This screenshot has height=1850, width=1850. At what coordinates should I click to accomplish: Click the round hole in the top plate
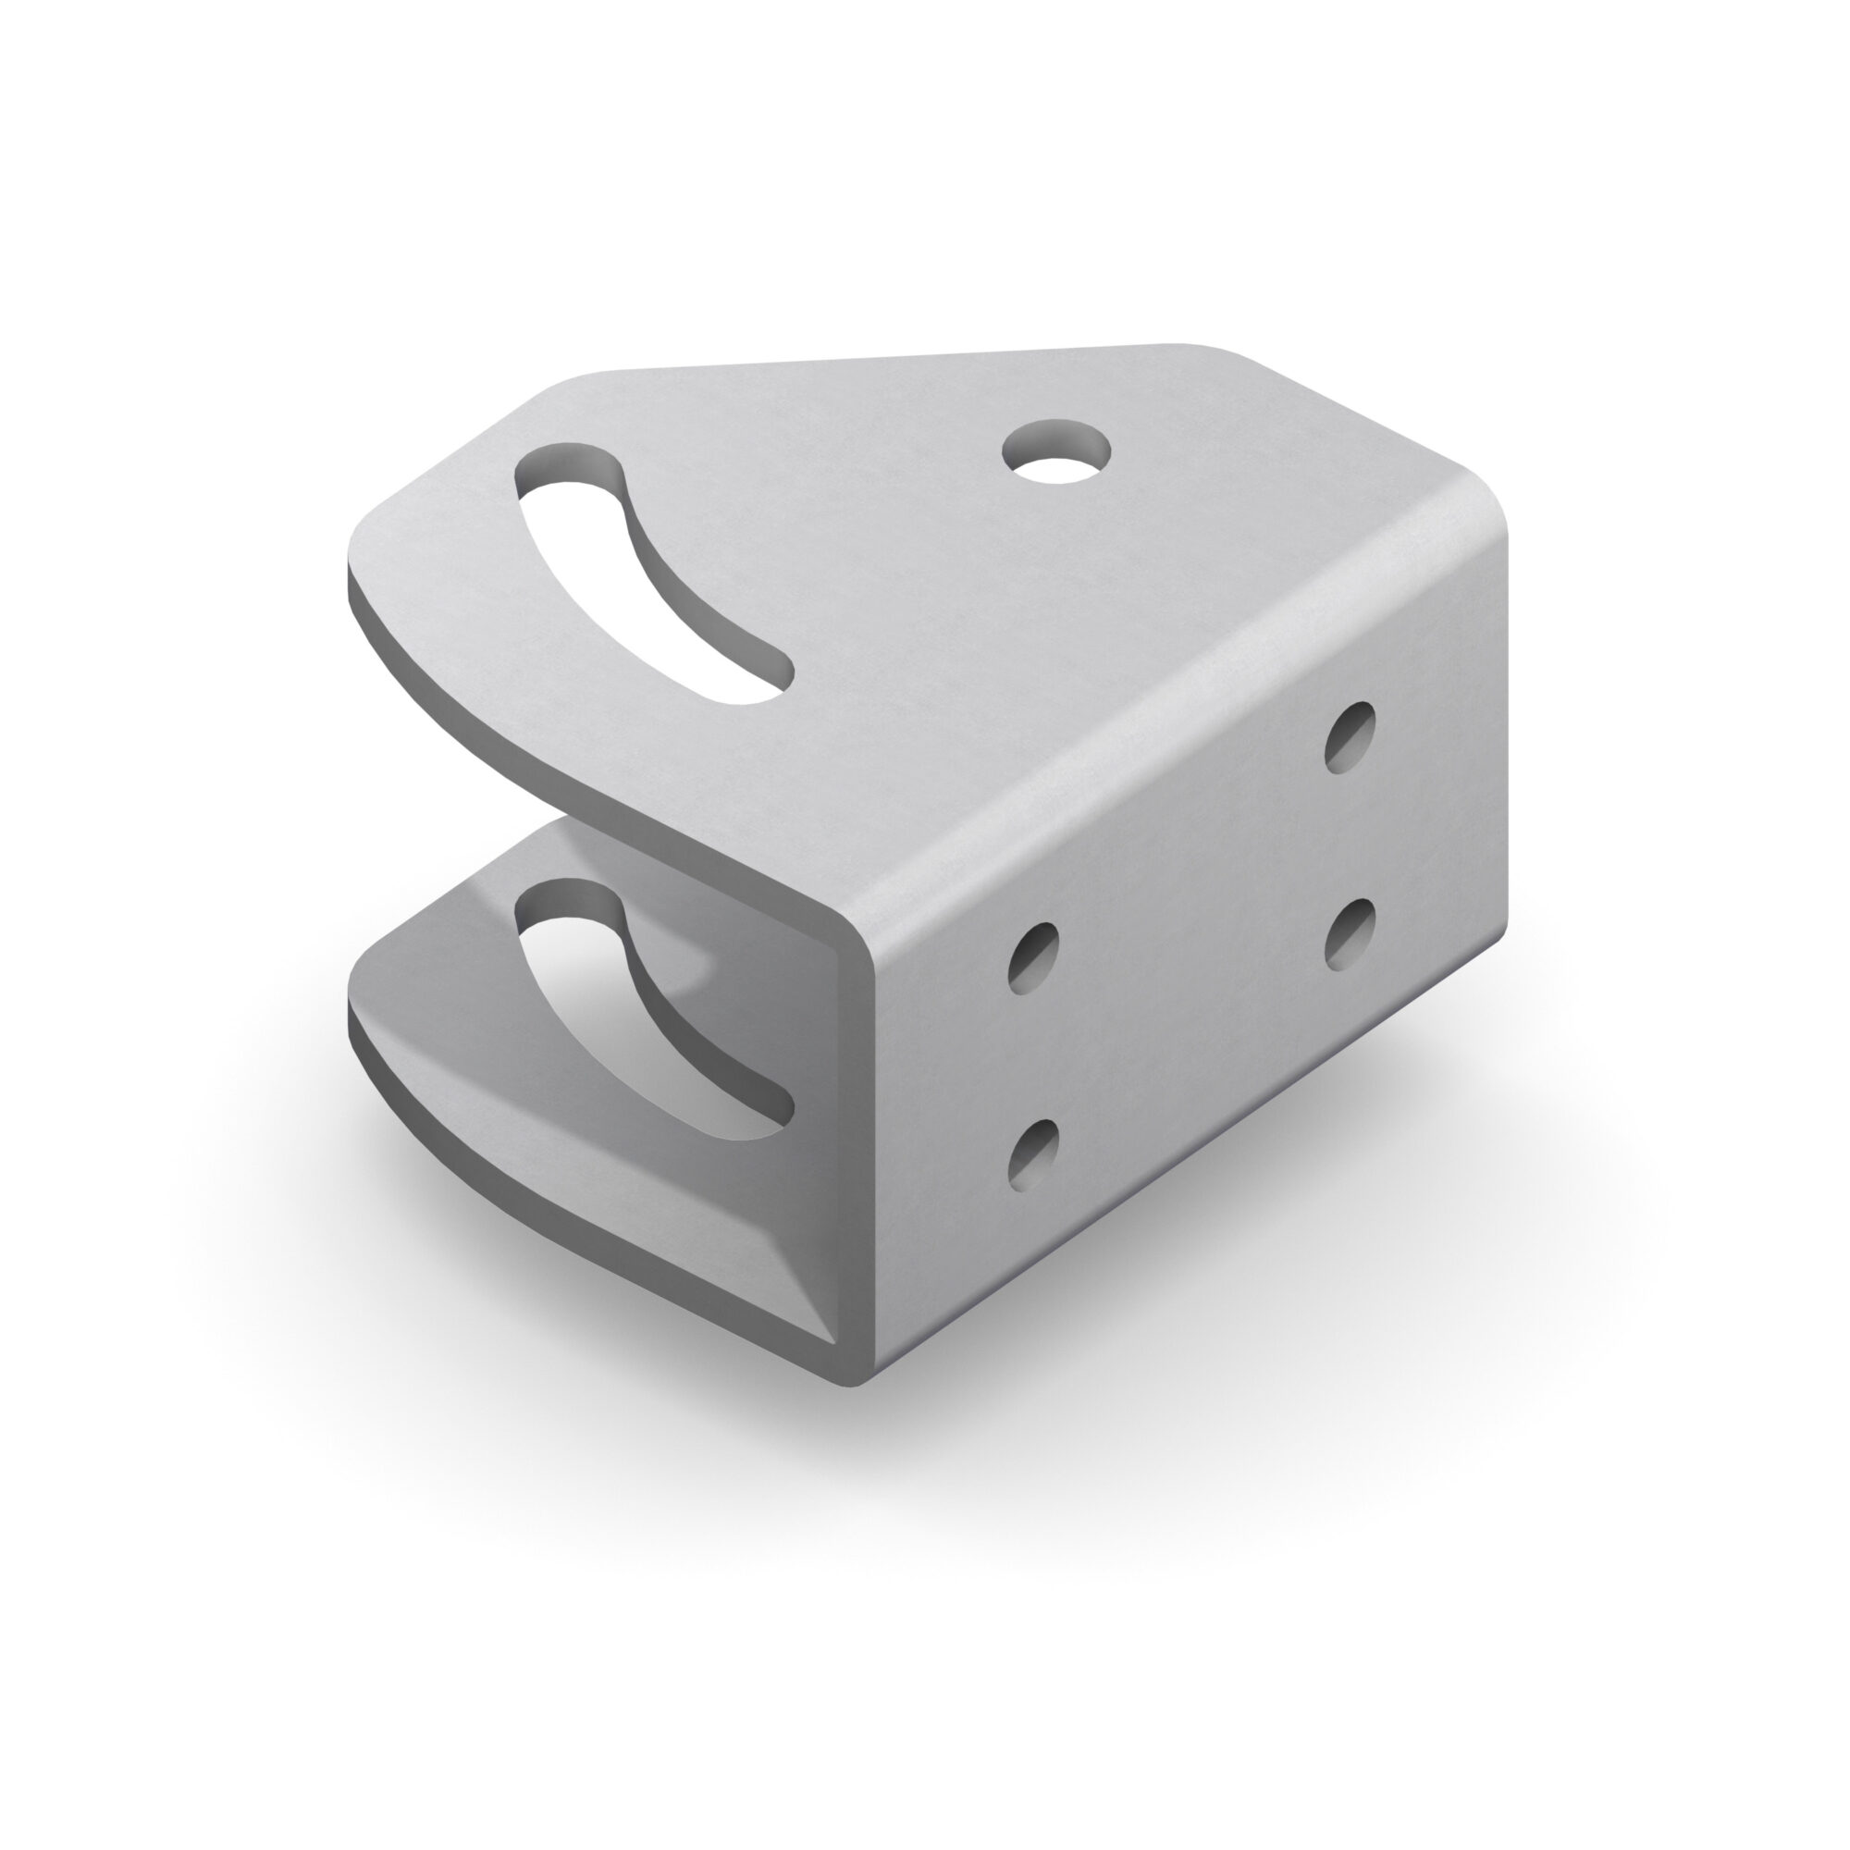pyautogui.click(x=1057, y=453)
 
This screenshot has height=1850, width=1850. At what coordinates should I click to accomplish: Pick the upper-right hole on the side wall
pyautogui.click(x=1351, y=736)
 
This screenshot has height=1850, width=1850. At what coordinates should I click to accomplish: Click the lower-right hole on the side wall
pyautogui.click(x=1350, y=932)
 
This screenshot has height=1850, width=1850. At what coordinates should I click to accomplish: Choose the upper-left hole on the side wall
pyautogui.click(x=1034, y=956)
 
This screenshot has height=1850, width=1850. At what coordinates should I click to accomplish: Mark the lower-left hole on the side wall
pyautogui.click(x=1034, y=1153)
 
